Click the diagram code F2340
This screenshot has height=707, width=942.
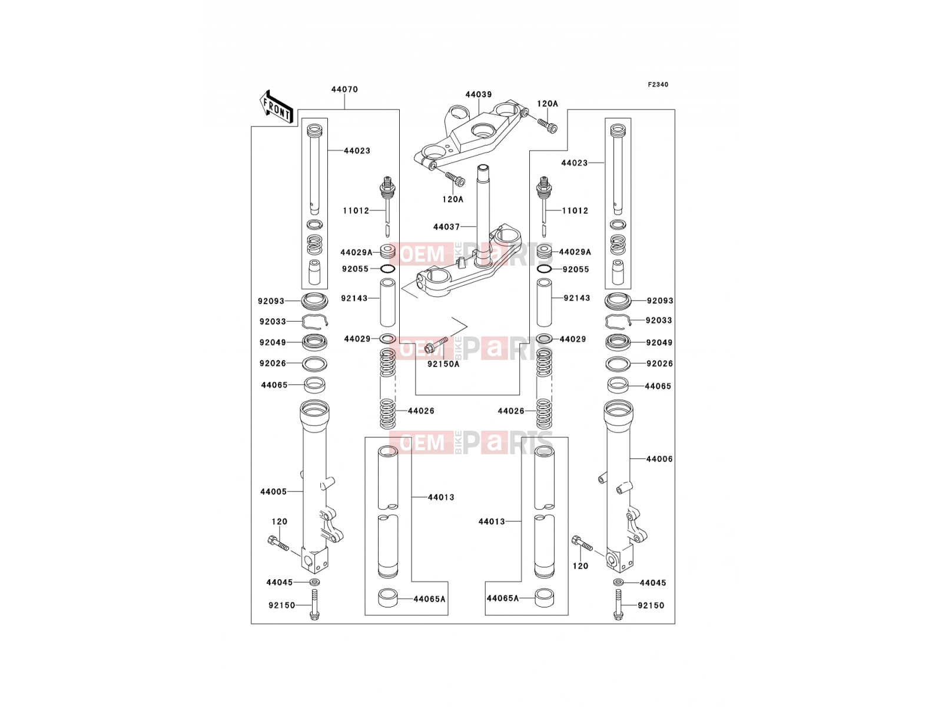click(x=658, y=85)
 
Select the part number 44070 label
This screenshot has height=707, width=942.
click(x=344, y=90)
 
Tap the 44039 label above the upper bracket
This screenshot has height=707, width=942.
click(x=479, y=94)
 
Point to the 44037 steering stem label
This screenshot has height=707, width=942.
click(x=446, y=227)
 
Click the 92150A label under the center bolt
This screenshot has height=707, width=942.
click(x=443, y=364)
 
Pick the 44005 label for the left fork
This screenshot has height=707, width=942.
click(x=273, y=491)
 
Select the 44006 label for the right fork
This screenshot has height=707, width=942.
click(x=659, y=459)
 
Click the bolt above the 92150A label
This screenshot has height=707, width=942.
click(x=436, y=346)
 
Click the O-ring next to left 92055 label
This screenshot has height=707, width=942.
click(x=388, y=269)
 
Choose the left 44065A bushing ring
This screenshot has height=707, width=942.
click(x=388, y=598)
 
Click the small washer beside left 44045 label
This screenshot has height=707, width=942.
click(x=314, y=582)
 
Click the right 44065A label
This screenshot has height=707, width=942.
click(x=503, y=598)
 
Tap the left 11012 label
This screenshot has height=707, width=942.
click(x=356, y=210)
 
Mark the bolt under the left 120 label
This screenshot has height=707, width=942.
click(x=278, y=543)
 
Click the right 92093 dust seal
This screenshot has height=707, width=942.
click(x=618, y=300)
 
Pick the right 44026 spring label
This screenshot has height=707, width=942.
click(x=510, y=411)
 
